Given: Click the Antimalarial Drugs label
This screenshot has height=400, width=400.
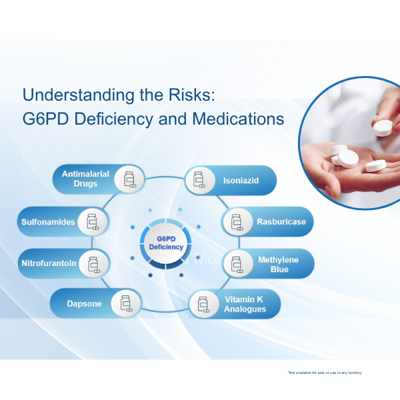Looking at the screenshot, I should (x=79, y=179).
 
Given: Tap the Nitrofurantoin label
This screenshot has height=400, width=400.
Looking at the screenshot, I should (x=49, y=263).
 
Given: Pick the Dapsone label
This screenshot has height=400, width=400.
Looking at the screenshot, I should (x=84, y=304).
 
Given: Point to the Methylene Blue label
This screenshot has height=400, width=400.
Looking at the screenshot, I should (x=278, y=264).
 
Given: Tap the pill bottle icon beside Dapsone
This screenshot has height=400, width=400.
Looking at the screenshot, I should (x=127, y=304).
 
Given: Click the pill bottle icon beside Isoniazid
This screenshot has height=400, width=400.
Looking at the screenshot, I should (x=199, y=179).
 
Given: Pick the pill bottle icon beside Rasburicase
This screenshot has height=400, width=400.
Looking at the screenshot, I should (x=236, y=221).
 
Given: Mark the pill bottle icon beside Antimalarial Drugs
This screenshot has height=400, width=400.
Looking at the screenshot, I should (x=129, y=179).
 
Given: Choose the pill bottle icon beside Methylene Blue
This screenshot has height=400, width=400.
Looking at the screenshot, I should (x=236, y=264).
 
